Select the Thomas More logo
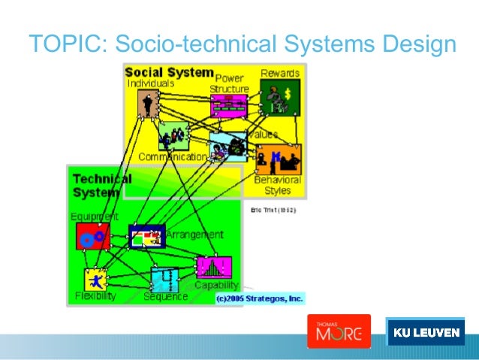click(x=339, y=331)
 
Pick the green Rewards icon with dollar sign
click(x=279, y=98)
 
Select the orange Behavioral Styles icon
click(x=278, y=159)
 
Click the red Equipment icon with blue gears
click(x=92, y=236)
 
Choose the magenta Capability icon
click(x=213, y=268)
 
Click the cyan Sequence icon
click(x=165, y=280)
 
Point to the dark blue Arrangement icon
click(x=146, y=237)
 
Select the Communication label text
click(x=172, y=157)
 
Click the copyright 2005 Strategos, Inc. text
click(x=259, y=298)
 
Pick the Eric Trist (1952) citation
click(x=273, y=210)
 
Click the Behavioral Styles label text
click(x=277, y=185)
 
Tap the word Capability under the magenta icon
click(x=216, y=285)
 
